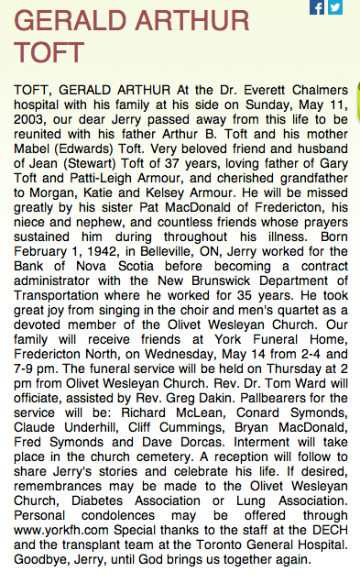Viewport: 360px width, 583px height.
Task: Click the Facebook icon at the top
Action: click(x=318, y=7)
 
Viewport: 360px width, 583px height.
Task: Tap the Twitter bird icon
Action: click(x=335, y=7)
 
